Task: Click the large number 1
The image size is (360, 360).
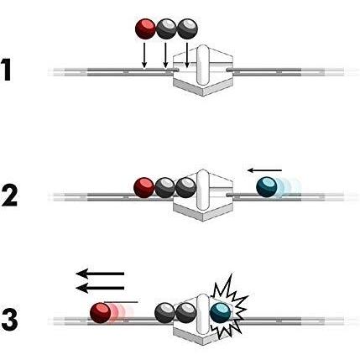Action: coord(7,70)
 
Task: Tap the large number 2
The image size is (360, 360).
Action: coord(9,195)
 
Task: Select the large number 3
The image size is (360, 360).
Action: coord(9,320)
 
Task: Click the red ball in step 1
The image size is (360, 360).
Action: coord(145,29)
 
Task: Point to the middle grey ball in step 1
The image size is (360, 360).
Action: coord(166,29)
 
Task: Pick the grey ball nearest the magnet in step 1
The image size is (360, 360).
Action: coord(187,29)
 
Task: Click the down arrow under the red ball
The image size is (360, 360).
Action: coord(144,55)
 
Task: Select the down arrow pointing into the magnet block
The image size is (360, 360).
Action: coord(187,55)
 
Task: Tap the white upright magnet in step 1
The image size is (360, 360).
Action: coord(203,65)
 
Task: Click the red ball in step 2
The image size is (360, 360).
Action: coord(144,187)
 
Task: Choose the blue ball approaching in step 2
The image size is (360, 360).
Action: coord(267,186)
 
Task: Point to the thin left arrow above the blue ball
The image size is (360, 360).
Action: coord(264,170)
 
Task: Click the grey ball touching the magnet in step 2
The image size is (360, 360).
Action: coord(186,187)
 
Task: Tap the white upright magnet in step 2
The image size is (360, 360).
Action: coord(203,190)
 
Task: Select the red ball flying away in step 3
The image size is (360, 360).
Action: coord(101,313)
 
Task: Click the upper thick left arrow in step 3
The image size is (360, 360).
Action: coord(100,274)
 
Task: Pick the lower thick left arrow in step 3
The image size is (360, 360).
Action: coord(100,288)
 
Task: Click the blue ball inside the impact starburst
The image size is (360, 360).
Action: coord(220,312)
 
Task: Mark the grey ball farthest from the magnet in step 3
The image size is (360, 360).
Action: coord(165,313)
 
